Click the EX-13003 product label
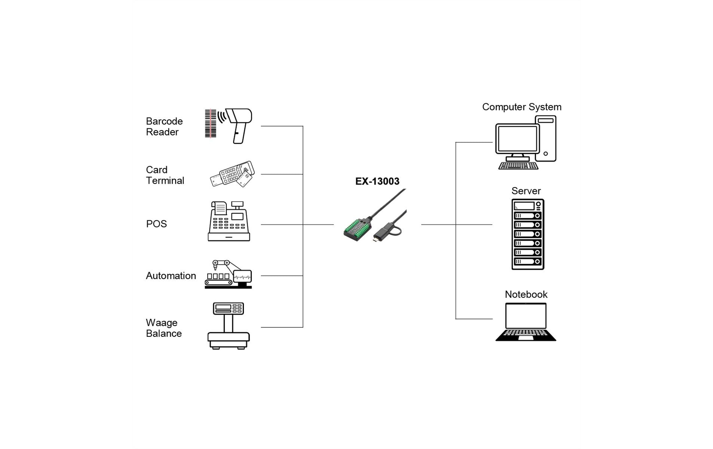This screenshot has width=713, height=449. tap(377, 181)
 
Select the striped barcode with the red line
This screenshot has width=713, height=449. tap(210, 123)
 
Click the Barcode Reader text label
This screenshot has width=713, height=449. tap(164, 126)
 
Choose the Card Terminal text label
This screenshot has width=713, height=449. tap(165, 175)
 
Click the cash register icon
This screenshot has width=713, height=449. tap(229, 222)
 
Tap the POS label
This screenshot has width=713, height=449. tap(156, 224)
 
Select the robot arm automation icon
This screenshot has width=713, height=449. tap(228, 275)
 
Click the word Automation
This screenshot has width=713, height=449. tap(171, 276)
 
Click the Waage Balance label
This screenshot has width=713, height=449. tap(163, 328)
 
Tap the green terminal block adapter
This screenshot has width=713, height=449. tap(357, 229)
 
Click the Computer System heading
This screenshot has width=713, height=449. tap(521, 107)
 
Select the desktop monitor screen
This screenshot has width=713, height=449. tap(517, 138)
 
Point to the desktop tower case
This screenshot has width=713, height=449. tap(545, 138)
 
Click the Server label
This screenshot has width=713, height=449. tap(526, 191)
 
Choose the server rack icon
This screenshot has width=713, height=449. tap(527, 234)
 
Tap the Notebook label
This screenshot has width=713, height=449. tap(526, 294)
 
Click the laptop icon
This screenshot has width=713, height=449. tap(526, 322)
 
